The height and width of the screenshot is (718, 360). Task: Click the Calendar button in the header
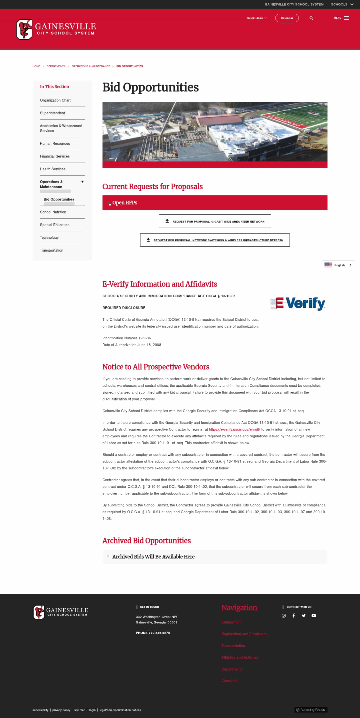287,18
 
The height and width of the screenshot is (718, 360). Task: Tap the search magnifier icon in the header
311,18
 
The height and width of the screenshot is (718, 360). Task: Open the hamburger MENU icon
346,18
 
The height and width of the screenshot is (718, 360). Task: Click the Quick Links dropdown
256,18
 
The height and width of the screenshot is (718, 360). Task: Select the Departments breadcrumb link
56,66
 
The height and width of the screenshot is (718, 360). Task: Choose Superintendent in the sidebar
52,113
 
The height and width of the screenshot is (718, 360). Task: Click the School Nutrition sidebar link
53,212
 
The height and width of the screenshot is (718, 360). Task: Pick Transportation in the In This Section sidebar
51,250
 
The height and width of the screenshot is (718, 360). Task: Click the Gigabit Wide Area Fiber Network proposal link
218,222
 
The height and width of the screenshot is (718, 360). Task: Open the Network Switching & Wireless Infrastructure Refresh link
218,240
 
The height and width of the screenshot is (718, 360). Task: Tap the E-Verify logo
297,304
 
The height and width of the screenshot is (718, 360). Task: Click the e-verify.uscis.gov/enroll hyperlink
234,429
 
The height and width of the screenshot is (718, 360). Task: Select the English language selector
338,265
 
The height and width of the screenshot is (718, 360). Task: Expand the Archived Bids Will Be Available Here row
153,557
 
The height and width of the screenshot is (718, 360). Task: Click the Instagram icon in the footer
284,615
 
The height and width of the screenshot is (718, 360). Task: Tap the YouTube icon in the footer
314,615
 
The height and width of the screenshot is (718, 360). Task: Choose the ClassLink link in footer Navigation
229,681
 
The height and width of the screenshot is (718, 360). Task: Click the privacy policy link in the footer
61,710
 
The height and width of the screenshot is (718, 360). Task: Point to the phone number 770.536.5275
159,633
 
